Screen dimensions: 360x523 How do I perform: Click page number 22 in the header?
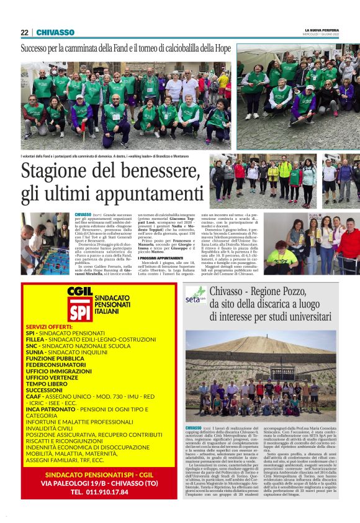(x=24, y=32)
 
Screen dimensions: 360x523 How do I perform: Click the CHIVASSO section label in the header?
(x=55, y=32)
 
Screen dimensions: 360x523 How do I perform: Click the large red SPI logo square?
(x=79, y=309)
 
